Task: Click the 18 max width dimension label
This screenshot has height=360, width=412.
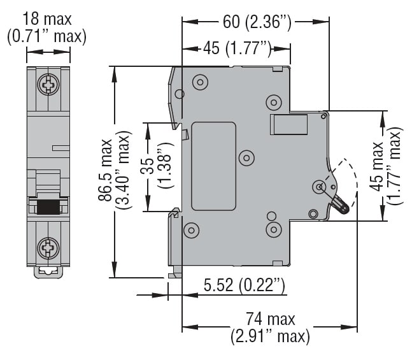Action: [x=46, y=27]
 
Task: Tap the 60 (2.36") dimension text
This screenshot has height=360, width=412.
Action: [x=257, y=22]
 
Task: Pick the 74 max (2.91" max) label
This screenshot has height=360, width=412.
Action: [x=270, y=327]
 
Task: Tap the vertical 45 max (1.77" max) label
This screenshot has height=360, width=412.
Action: [x=387, y=166]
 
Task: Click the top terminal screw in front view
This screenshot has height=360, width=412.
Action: [x=48, y=83]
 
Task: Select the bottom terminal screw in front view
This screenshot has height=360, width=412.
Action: [x=48, y=247]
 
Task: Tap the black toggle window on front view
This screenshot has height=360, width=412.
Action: [x=48, y=206]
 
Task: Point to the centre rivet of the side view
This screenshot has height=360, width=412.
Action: [x=246, y=157]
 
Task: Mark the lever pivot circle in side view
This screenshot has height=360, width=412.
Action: [x=319, y=187]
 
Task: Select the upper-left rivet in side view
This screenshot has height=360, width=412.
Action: [x=199, y=82]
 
